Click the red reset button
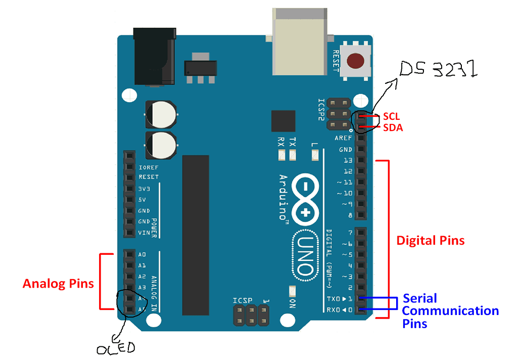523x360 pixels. coord(356,61)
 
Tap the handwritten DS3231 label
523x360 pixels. coord(438,69)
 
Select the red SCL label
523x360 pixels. coord(392,117)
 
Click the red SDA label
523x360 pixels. coord(393,128)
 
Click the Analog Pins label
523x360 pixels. coord(58,284)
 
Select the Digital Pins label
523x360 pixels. coord(430,240)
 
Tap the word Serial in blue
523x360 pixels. coord(419,298)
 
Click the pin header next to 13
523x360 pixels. coord(361,160)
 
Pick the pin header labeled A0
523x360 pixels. coord(129,254)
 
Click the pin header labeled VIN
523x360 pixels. coord(129,233)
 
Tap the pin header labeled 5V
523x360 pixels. coord(129,199)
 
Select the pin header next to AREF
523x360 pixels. coord(361,138)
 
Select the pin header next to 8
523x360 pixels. coord(361,215)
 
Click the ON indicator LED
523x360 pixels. coord(292,291)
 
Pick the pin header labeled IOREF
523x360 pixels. coord(129,166)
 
